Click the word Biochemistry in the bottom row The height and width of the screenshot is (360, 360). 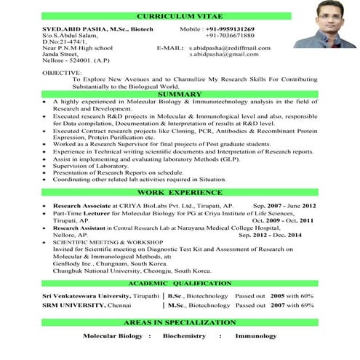click(x=185, y=337)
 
